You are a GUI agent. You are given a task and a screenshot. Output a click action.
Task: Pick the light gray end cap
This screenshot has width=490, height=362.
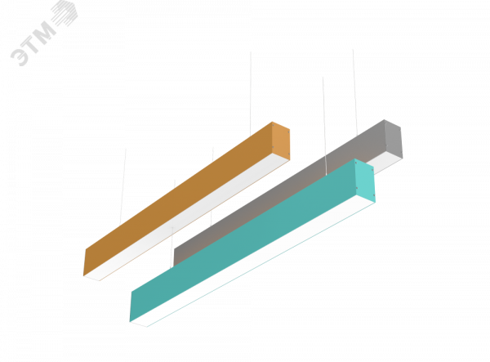tap(394, 139)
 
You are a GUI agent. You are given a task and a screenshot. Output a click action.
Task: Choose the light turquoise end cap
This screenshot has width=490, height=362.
tap(365, 181)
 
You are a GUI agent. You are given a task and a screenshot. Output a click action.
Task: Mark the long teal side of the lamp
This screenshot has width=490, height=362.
tap(243, 240)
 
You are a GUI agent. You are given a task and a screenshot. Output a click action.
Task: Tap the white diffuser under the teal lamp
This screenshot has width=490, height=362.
tap(253, 261)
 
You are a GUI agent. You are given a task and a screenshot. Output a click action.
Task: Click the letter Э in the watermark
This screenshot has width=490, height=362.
tap(20, 56)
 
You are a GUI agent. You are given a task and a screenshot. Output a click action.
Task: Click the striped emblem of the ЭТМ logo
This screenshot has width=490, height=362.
tap(64, 13)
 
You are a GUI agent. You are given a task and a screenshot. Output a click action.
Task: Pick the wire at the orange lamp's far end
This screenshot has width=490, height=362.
tap(251, 94)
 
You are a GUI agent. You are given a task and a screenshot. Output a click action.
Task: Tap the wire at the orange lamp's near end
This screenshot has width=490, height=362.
tap(122, 186)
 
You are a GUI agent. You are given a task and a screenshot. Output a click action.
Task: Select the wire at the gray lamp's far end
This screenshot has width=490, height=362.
tap(355, 92)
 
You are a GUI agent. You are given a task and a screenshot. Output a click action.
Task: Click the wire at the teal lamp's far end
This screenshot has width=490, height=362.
tap(324, 126)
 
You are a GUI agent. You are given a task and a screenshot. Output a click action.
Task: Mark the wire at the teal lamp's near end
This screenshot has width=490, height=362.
tap(173, 224)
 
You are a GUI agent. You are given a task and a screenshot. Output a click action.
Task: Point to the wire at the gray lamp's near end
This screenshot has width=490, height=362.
tap(212, 186)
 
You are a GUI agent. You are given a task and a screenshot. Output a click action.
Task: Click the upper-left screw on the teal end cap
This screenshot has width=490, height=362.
tap(356, 163)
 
